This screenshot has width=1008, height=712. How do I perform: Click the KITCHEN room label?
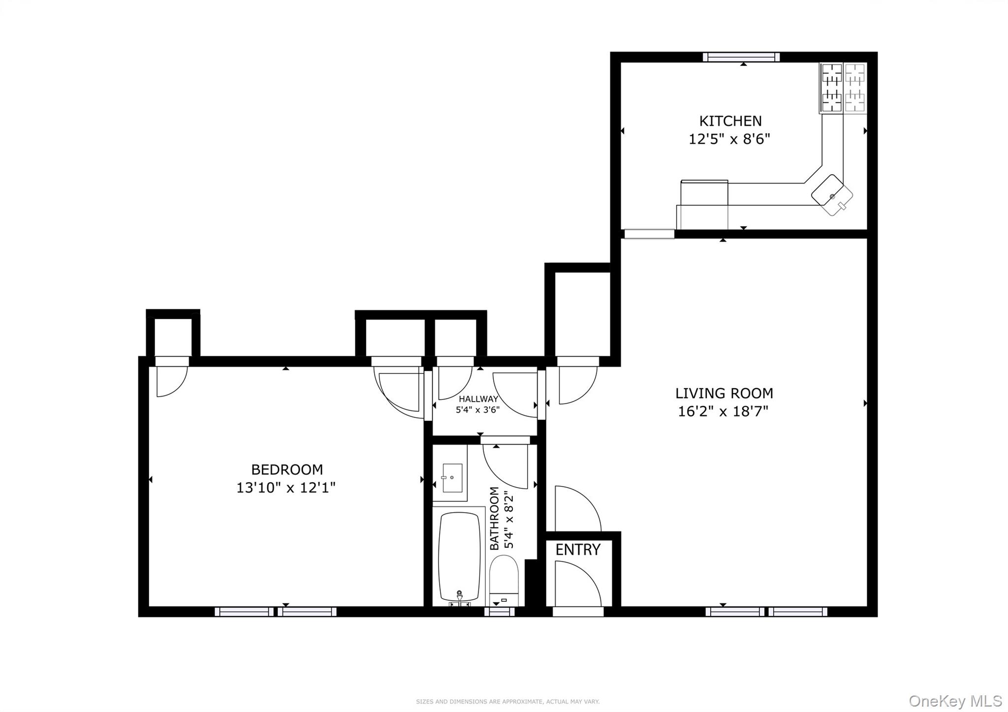click(x=730, y=121)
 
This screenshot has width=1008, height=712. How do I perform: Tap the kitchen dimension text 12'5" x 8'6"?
click(x=729, y=139)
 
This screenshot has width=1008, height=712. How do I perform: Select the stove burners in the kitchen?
click(x=843, y=88)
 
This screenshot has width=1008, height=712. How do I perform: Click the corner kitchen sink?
click(x=832, y=195)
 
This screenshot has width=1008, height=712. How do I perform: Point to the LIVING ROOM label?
click(x=724, y=393)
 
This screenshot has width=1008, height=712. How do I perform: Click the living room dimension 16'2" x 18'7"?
click(x=723, y=411)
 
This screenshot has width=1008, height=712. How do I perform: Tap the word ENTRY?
click(x=578, y=550)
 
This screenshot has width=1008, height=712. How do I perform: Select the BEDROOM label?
click(x=287, y=469)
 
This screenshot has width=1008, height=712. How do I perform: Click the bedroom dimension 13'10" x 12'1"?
click(x=286, y=488)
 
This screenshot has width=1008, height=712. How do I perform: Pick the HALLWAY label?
click(x=478, y=399)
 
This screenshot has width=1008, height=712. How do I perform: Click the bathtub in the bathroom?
click(x=459, y=556)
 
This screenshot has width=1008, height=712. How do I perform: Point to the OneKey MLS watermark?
click(x=955, y=700)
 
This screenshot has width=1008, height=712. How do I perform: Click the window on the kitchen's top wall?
click(x=741, y=57)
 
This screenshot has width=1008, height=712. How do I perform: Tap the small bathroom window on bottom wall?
click(x=499, y=612)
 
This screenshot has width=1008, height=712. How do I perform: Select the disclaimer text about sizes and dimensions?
click(x=507, y=702)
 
